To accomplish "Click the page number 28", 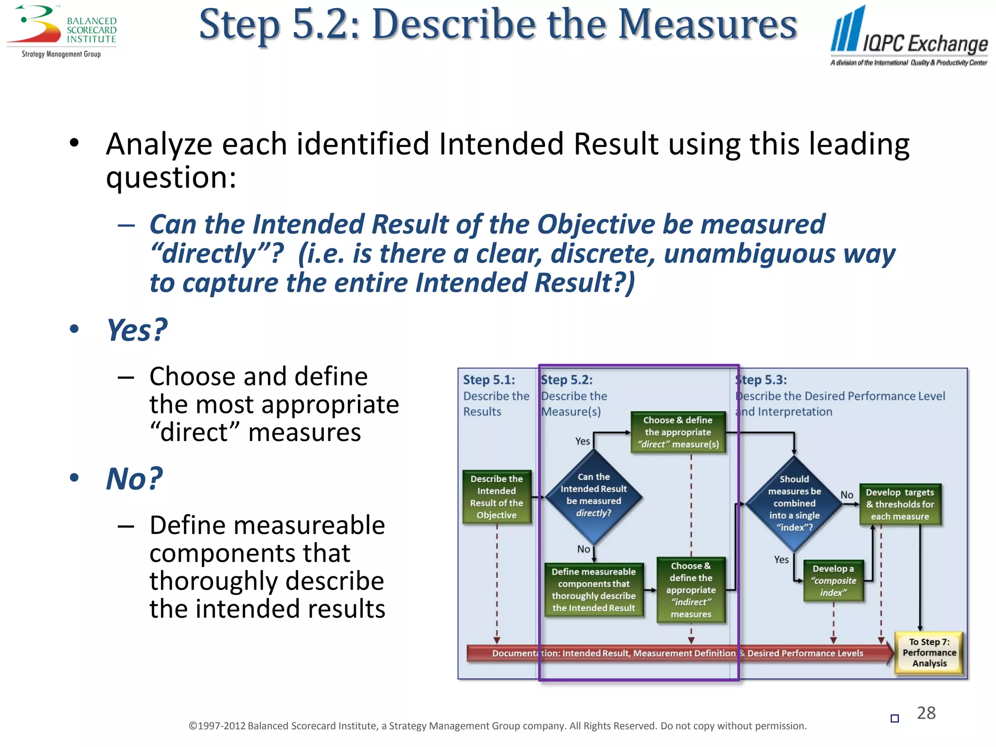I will pyautogui.click(x=926, y=713).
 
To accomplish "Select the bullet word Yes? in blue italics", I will pyautogui.click(x=137, y=330).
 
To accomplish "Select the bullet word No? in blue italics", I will pyautogui.click(x=134, y=479).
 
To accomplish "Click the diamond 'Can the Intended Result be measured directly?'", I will pyautogui.click(x=593, y=496).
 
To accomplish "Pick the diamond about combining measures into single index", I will pyautogui.click(x=794, y=503).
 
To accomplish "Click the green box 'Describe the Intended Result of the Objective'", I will pyautogui.click(x=496, y=497).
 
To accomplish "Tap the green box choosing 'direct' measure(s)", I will pyautogui.click(x=678, y=432).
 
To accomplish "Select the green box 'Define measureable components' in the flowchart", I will pyautogui.click(x=593, y=590).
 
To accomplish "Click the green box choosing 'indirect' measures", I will pyautogui.click(x=691, y=590).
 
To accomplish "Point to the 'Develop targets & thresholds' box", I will pyautogui.click(x=900, y=504).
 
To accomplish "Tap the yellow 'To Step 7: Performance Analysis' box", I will pyautogui.click(x=929, y=653).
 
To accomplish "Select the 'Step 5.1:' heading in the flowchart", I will pyautogui.click(x=488, y=380).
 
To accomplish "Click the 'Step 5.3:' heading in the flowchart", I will pyautogui.click(x=762, y=380).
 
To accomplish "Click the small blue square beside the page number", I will pyautogui.click(x=894, y=718).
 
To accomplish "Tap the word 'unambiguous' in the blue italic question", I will pyautogui.click(x=749, y=254).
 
